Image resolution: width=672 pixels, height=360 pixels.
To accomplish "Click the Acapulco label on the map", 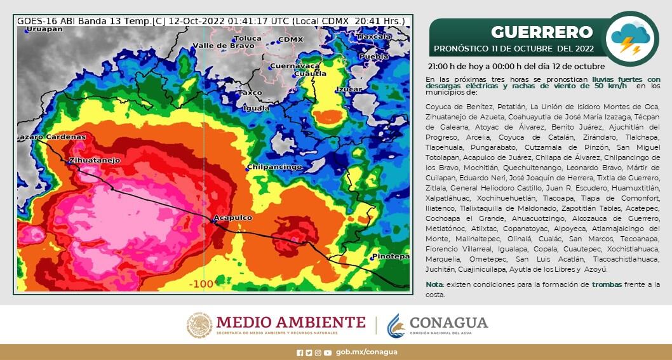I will click(232, 218).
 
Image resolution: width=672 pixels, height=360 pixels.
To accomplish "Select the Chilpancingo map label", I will click(275, 167).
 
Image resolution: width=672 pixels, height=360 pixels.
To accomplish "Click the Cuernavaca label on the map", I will click(294, 66).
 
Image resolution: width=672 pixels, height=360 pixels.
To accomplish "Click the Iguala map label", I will click(256, 108).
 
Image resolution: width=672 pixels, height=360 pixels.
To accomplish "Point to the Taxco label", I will click(249, 93).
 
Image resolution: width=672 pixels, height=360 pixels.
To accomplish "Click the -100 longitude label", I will click(201, 284).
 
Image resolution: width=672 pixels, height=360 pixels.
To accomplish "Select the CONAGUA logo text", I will click(448, 322).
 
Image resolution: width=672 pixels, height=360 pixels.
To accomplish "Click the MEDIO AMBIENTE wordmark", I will click(290, 321).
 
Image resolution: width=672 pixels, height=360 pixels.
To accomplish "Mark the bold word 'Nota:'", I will click(434, 284).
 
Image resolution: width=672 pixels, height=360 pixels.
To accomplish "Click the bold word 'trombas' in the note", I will click(607, 284).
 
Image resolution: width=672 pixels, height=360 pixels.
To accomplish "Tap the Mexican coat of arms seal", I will click(199, 324).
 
